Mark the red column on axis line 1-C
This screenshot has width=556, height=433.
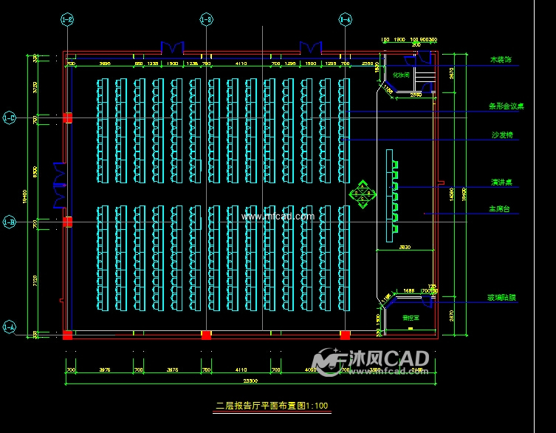click(x=67, y=117)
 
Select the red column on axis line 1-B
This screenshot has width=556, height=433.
click(x=67, y=221)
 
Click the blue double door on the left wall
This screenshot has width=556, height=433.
click(x=60, y=184)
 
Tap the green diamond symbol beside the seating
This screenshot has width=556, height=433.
click(x=363, y=194)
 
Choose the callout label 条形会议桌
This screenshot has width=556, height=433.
click(x=506, y=106)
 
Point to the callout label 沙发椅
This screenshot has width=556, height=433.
click(x=502, y=135)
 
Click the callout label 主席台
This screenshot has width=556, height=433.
click(x=502, y=209)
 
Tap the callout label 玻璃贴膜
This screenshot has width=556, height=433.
click(x=502, y=297)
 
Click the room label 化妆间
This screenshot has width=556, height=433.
click(x=401, y=75)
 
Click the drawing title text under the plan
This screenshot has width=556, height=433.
click(x=271, y=406)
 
